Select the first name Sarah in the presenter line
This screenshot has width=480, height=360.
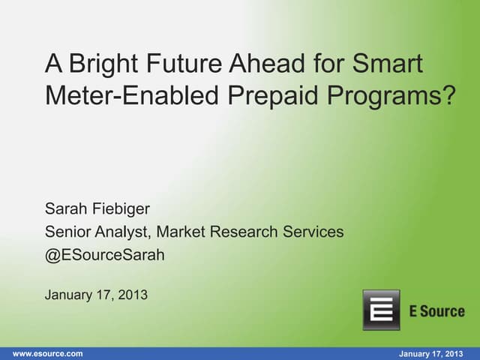65,211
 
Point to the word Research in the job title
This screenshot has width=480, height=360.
241,232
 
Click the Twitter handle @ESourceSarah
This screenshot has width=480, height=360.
105,255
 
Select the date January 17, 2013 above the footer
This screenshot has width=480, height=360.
96,295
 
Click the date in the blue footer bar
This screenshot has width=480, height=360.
430,353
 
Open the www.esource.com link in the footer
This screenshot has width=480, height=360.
48,353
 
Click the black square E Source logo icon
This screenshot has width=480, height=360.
381,310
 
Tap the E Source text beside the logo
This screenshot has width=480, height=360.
436,311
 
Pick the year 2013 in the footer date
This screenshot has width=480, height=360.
452,353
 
